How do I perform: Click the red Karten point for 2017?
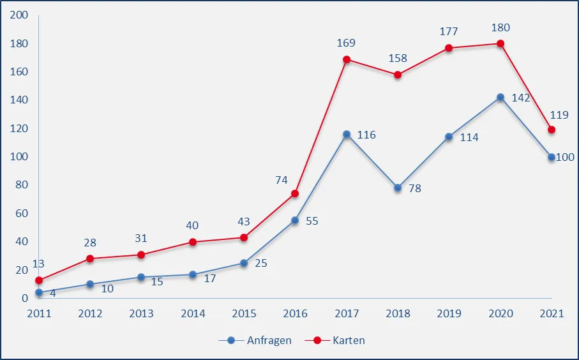(347, 59)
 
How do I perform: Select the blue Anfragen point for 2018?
(398, 188)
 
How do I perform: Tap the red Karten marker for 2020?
(500, 43)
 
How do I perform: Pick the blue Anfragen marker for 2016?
(295, 220)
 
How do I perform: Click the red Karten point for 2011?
(39, 280)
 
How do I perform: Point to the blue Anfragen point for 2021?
(552, 157)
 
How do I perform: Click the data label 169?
(346, 43)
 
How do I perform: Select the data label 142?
(522, 98)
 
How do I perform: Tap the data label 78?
(415, 188)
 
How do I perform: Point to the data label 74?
(282, 180)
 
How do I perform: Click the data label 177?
(448, 32)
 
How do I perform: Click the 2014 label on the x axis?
(193, 313)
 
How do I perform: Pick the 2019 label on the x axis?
(449, 313)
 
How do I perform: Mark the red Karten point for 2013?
(141, 255)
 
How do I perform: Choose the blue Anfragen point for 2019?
(449, 137)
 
